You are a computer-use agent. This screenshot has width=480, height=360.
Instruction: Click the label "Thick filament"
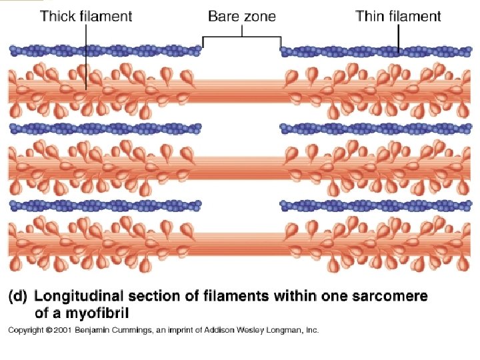[x=86, y=16]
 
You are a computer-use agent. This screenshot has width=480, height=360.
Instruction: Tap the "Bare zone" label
[x=241, y=15]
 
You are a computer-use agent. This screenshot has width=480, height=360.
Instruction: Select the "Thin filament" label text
[x=398, y=16]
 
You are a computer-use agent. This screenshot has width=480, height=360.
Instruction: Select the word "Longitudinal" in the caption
[x=79, y=296]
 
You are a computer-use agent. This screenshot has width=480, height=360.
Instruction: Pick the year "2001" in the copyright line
[x=62, y=330]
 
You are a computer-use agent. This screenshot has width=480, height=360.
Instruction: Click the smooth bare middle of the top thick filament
[x=241, y=91]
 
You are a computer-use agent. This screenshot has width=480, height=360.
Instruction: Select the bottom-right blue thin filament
[x=379, y=204]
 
